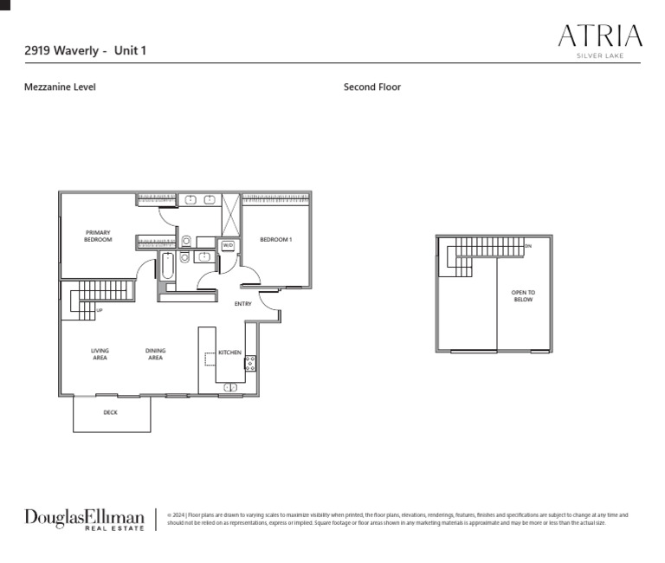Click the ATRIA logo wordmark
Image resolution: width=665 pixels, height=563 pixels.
600,36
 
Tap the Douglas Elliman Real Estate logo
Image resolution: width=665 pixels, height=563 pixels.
84,519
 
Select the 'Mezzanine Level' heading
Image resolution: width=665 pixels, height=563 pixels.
60,87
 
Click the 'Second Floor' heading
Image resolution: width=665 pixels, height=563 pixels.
372,87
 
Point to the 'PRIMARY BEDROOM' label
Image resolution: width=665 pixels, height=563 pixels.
98,236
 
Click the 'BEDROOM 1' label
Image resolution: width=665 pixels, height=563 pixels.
276,239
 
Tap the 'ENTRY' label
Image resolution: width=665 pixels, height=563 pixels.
243,304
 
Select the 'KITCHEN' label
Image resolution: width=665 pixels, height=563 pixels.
229,353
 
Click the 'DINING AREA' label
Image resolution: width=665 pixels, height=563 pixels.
155,354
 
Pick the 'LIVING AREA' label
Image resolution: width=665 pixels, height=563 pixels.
100,354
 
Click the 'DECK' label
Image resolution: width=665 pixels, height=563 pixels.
110,412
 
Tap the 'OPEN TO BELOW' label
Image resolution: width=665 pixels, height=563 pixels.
523,296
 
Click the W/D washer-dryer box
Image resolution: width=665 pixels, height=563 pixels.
228,245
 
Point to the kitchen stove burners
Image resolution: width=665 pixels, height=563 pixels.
250,363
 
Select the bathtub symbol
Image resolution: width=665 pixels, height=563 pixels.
167,266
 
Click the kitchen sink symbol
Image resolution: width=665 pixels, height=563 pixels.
231,387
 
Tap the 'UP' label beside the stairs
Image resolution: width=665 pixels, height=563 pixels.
100,310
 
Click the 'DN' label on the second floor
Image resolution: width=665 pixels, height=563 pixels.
528,246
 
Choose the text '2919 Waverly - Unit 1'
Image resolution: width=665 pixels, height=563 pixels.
85,50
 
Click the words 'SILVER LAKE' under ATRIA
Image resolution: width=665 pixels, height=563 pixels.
600,56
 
